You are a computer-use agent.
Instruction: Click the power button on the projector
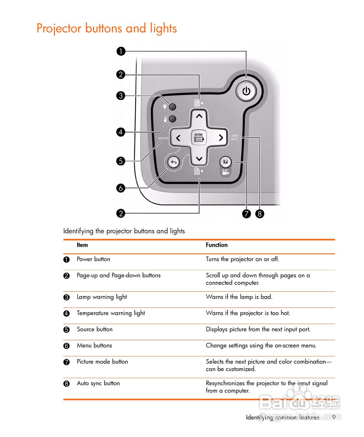point(246,91)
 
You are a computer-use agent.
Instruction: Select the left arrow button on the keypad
point(178,138)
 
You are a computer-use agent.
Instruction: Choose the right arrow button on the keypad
point(221,138)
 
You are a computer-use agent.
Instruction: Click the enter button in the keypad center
point(199,138)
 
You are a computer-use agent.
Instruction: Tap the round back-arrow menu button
point(174,162)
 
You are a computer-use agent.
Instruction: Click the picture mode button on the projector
point(225,162)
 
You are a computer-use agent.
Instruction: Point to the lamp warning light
point(173,107)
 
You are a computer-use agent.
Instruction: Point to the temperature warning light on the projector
point(173,119)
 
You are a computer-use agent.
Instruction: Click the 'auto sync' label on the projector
point(235,137)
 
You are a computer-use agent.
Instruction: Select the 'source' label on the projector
point(163,138)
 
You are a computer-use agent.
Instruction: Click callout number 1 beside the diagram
point(121,52)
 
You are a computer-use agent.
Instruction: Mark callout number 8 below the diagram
point(260,214)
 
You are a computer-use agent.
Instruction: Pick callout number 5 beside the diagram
point(121,161)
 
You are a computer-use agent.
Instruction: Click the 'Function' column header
point(216,245)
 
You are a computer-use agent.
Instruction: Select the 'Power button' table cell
point(93,259)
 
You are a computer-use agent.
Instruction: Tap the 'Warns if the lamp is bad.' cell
point(239,297)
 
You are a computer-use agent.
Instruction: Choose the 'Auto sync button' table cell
point(98,383)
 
